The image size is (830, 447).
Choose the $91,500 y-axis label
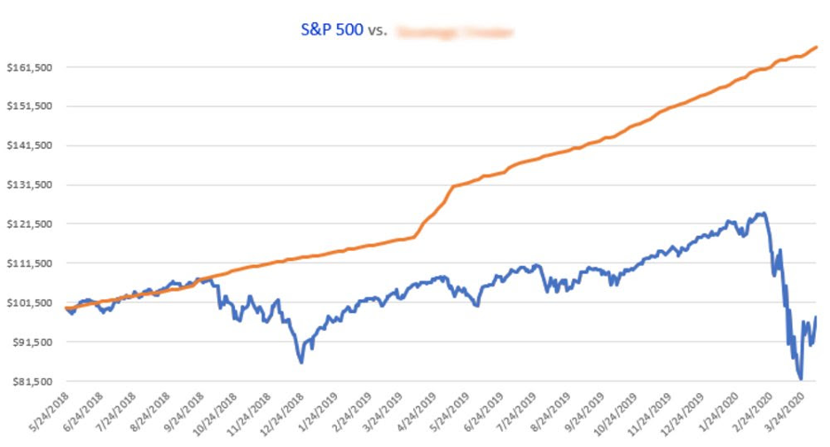[28, 341]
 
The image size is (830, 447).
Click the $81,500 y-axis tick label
[28, 381]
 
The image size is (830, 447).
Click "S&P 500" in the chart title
[332, 30]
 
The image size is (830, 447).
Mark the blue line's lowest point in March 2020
[800, 379]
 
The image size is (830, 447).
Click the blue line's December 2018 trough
[301, 362]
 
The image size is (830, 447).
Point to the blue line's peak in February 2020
[761, 213]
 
